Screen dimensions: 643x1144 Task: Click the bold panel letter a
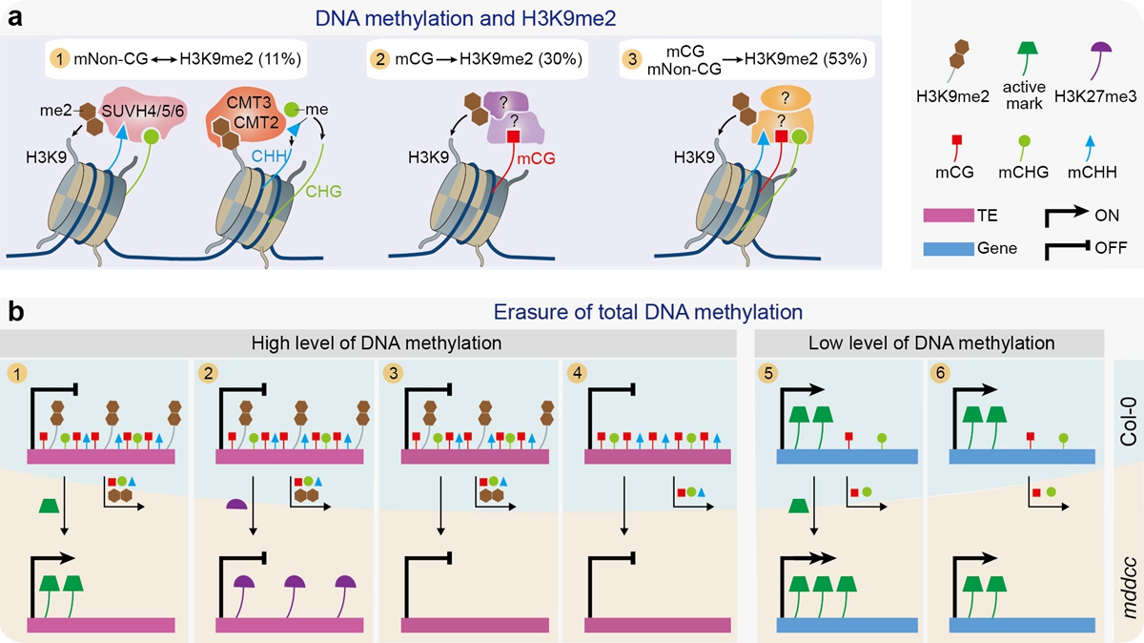pos(16,17)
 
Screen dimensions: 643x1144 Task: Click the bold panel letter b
pos(16,312)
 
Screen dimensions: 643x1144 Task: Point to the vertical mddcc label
pos(1129,559)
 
